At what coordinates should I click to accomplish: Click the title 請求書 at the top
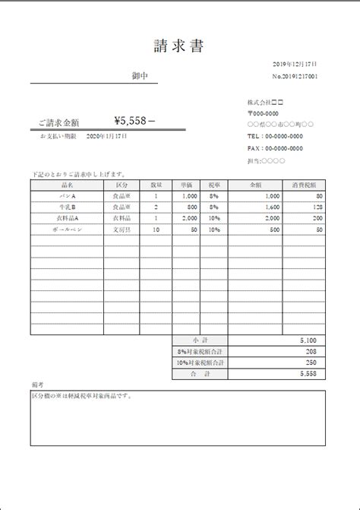[178, 47]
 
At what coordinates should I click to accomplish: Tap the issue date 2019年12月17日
[295, 65]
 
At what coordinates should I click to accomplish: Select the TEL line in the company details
[275, 136]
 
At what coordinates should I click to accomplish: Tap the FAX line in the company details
[275, 148]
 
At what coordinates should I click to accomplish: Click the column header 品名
[67, 185]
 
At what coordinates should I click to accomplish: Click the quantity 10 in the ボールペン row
[156, 229]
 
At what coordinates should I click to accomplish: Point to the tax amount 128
[317, 207]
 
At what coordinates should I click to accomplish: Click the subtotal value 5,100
[308, 341]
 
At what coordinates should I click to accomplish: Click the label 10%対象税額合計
[201, 363]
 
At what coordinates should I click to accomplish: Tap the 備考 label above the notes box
[38, 385]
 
